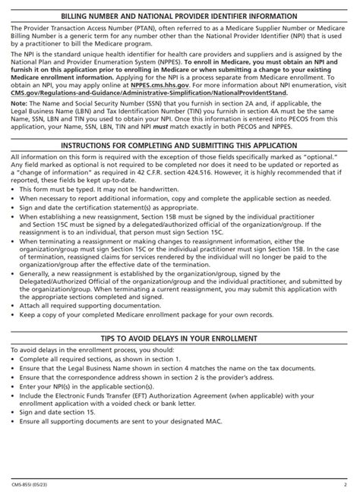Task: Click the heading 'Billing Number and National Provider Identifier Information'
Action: [x=180, y=13]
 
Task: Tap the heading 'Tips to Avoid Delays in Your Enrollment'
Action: [x=180, y=338]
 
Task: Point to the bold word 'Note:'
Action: [x=21, y=106]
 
